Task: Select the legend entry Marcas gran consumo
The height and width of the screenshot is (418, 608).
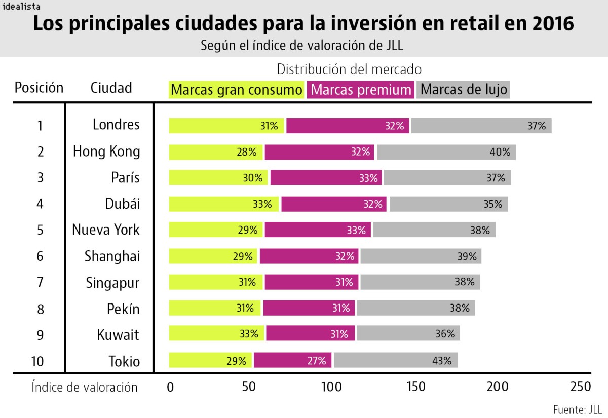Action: [x=236, y=90]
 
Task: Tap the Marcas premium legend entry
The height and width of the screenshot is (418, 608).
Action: [x=361, y=90]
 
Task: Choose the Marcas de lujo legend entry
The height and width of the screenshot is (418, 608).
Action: [x=463, y=90]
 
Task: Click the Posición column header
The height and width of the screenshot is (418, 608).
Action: [x=39, y=88]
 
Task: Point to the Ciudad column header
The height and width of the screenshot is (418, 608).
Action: [x=111, y=88]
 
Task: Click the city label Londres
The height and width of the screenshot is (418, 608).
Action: [x=116, y=125]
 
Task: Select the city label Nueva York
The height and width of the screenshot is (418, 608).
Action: [x=106, y=230]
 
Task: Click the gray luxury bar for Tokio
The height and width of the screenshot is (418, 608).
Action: [x=395, y=361]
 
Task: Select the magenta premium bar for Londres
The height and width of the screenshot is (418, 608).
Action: [x=348, y=126]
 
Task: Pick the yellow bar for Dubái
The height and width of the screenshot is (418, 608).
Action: [x=224, y=204]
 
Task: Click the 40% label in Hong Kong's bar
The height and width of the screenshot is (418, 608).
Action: [x=500, y=152]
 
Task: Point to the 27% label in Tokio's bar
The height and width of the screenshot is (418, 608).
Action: [x=316, y=361]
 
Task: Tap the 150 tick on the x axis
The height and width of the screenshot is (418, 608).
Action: [x=415, y=387]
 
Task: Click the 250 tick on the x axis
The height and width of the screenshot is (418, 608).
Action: [x=580, y=387]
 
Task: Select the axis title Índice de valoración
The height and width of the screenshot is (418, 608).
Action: [x=84, y=387]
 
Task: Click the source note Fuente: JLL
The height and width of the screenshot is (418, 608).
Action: [x=577, y=409]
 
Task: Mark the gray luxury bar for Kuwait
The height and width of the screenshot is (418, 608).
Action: [x=407, y=334]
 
